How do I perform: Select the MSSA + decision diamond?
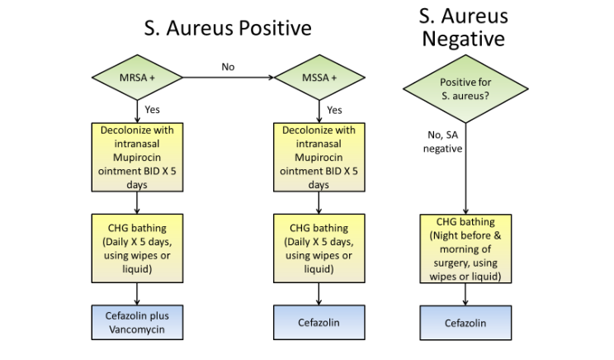pos(319,78)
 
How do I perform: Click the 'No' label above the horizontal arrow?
pos(227,66)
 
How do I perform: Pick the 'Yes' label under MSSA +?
pos(334,109)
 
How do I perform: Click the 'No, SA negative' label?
pos(442,142)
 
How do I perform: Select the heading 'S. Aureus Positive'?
pos(227,28)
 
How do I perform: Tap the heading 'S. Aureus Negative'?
pos(465,26)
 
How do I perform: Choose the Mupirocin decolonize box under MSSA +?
pos(319,157)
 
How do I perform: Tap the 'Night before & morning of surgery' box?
pos(467,249)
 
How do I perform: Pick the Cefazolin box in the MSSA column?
pos(319,322)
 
